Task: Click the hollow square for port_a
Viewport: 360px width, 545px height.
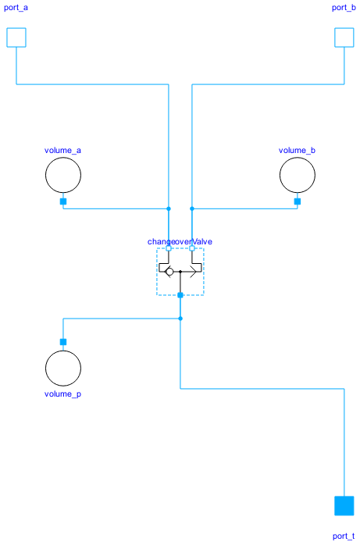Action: coord(16,37)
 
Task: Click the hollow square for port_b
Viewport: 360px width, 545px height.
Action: coord(344,37)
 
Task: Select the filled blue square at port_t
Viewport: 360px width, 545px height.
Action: coord(344,506)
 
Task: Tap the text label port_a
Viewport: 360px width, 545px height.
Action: coord(16,8)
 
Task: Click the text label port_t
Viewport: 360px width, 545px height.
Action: coord(344,536)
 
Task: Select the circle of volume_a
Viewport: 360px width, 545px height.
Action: coord(63,175)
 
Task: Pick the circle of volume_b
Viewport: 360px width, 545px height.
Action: coord(298,175)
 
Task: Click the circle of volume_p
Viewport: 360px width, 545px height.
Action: coord(63,368)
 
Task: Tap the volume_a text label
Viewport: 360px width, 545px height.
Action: coord(63,150)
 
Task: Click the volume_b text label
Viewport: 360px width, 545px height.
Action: coord(298,150)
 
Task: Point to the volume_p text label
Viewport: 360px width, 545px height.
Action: coord(63,394)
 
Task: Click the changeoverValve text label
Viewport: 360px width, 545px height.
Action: coord(180,241)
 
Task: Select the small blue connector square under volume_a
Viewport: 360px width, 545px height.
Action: coord(63,201)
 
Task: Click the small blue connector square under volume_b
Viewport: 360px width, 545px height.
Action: coord(298,201)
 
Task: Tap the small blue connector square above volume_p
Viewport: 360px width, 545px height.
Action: coord(63,342)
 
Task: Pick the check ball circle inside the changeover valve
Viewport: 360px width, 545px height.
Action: coord(169,272)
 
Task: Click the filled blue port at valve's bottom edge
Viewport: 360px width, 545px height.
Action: coord(180,295)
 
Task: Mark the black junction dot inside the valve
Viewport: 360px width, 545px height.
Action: coord(180,272)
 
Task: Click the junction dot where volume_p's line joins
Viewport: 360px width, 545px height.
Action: coord(180,319)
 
